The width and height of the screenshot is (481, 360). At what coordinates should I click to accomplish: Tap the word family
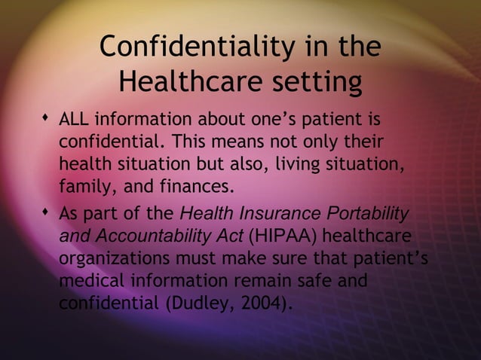(x=81, y=185)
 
